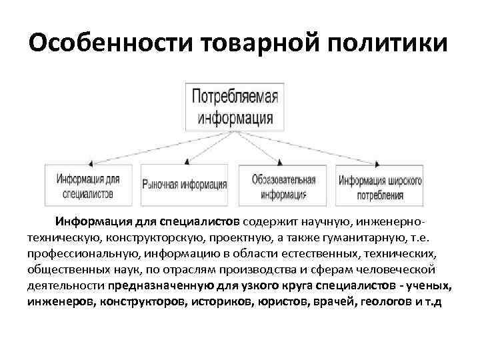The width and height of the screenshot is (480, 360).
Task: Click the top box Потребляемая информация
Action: (x=234, y=106)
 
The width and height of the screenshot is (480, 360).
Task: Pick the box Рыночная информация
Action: (x=185, y=185)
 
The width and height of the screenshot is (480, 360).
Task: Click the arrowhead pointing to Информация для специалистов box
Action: (x=89, y=161)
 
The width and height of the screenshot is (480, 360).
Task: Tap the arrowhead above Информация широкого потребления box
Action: (x=379, y=161)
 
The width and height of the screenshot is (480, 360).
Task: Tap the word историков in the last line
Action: (x=220, y=302)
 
